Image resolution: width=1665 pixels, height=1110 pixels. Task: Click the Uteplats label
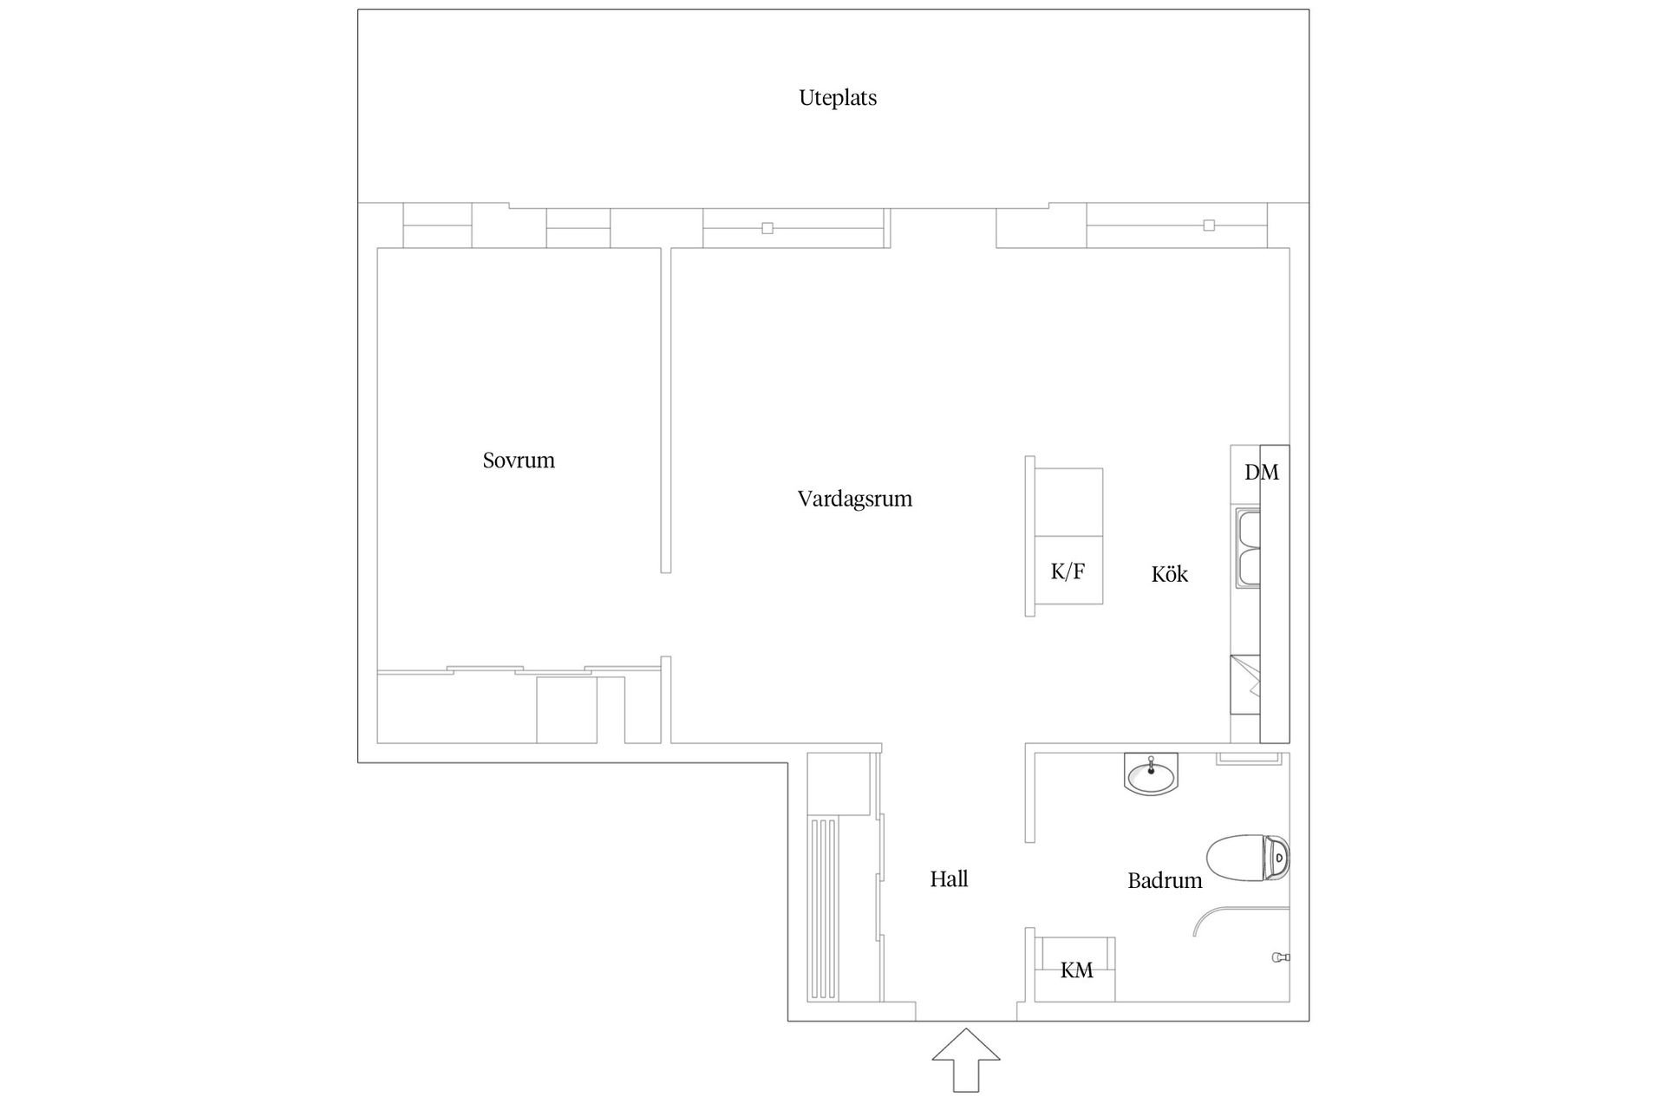[x=838, y=98]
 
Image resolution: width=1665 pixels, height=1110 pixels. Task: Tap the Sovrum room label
[x=519, y=460]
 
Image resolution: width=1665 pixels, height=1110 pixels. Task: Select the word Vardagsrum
[x=854, y=499]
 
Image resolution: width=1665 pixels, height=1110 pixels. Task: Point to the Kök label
[x=1169, y=574]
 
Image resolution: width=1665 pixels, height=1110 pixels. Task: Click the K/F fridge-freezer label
[x=1068, y=571]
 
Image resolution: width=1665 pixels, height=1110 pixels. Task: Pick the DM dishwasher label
[x=1261, y=473]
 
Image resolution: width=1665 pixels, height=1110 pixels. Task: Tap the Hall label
[x=949, y=879]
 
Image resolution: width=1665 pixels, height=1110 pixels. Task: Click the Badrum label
[x=1165, y=881]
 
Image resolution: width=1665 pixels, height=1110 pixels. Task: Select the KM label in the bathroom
[x=1076, y=970]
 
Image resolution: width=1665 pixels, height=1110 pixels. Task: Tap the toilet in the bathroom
[x=1248, y=858]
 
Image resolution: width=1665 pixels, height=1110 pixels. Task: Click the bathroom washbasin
[x=1151, y=773]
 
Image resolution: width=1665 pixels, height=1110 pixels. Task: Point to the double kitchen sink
[x=1249, y=548]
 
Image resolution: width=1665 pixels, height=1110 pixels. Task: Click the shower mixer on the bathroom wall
[x=1280, y=957]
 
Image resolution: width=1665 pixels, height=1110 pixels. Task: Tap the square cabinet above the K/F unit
[x=1069, y=502]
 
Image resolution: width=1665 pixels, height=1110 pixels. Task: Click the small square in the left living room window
[x=767, y=228]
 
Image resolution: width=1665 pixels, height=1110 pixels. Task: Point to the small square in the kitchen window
[x=1209, y=225]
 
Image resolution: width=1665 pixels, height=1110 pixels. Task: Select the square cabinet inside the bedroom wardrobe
[x=566, y=710]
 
